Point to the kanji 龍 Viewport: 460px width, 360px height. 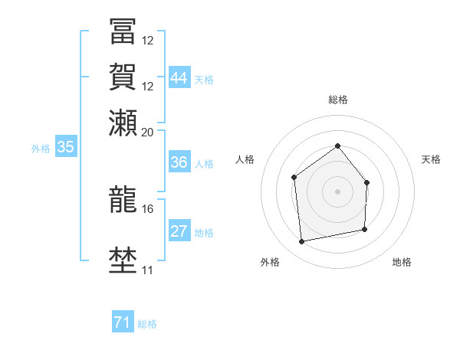(123, 198)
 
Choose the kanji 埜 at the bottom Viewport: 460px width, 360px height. (123, 260)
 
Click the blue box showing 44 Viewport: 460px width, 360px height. (179, 77)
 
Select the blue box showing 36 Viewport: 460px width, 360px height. (179, 162)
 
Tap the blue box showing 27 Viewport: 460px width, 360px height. (179, 231)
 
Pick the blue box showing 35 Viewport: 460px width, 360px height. (65, 148)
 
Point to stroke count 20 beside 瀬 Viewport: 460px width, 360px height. (148, 133)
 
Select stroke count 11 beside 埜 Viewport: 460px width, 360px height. (148, 270)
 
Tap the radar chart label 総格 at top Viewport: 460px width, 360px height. (337, 100)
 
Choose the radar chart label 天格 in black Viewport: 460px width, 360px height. (431, 159)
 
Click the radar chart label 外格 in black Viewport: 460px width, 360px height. (269, 262)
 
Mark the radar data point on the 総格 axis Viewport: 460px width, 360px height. (337, 146)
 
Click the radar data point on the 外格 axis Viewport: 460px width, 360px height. (302, 242)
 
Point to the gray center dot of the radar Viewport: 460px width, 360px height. (337, 191)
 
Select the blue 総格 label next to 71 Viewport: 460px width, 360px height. (147, 324)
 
